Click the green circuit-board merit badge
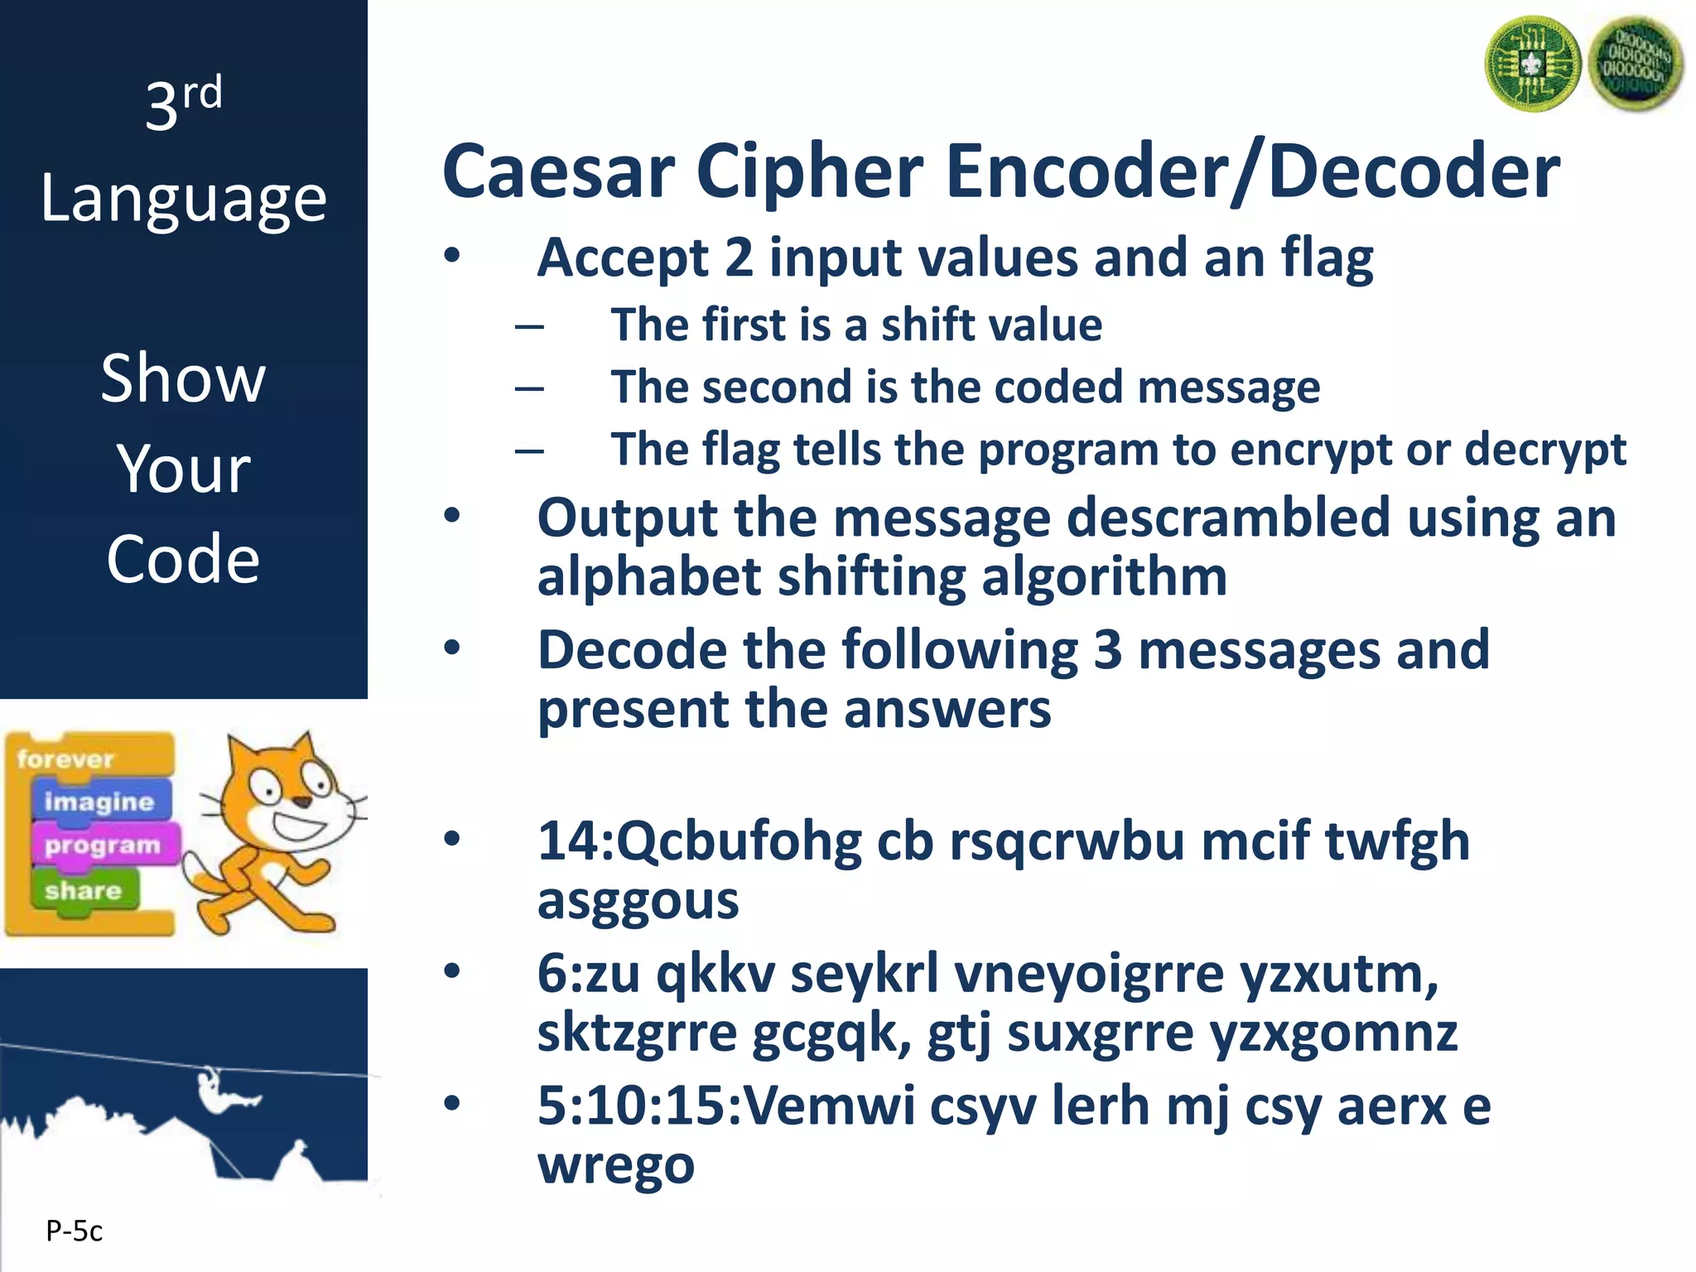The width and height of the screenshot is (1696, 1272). [1533, 65]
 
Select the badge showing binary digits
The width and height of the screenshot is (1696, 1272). [1636, 65]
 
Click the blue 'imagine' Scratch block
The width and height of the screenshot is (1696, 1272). [99, 802]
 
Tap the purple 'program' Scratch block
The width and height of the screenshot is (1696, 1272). [103, 846]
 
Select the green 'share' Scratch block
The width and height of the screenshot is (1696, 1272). [83, 891]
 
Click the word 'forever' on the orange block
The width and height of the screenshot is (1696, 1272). [65, 759]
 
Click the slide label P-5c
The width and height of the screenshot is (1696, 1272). [74, 1231]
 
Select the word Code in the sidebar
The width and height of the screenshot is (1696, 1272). [183, 559]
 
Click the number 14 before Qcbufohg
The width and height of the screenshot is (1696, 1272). [569, 841]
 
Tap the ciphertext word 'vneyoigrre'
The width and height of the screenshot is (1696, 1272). [1089, 974]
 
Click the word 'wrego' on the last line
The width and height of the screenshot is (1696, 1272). [615, 1164]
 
